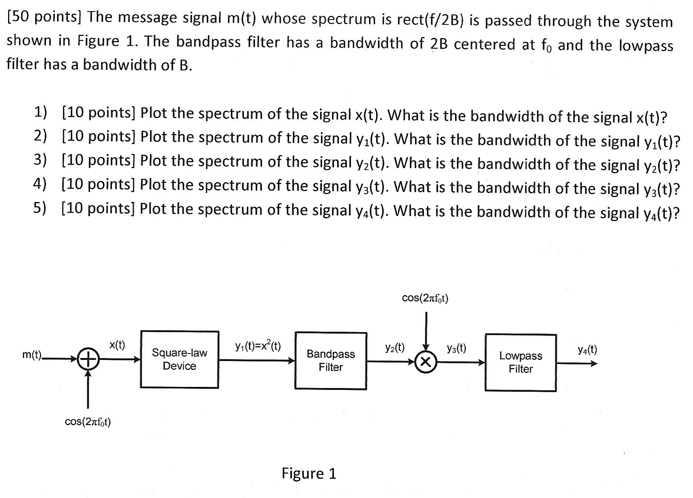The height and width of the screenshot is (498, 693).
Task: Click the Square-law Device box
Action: pos(179,359)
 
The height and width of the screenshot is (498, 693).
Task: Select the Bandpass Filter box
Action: pos(331,360)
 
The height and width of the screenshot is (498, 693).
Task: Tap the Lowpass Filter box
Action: pos(520,362)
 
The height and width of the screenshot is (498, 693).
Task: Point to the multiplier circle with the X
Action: pos(426,362)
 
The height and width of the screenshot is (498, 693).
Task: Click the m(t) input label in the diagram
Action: pos(32,355)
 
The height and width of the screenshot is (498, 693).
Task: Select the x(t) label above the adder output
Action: pos(117,345)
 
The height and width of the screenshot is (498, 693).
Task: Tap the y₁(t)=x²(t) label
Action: pos(258,346)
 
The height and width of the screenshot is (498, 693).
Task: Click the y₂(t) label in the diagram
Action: pos(395,348)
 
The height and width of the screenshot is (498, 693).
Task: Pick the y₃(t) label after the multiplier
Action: pos(456,348)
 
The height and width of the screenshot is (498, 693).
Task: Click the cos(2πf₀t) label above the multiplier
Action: pos(425,298)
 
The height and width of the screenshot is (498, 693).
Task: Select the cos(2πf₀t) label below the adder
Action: pos(88,422)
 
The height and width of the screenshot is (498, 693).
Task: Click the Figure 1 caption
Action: pos(309,473)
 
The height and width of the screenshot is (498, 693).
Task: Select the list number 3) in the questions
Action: pos(40,160)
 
